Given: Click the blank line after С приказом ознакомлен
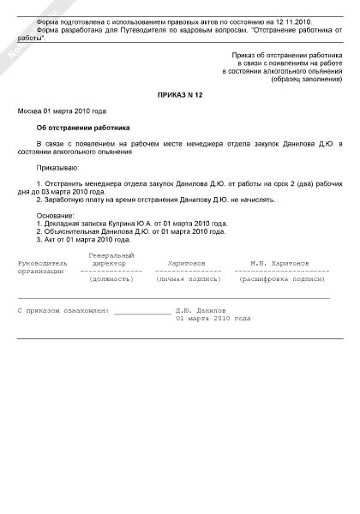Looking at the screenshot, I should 141,310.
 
